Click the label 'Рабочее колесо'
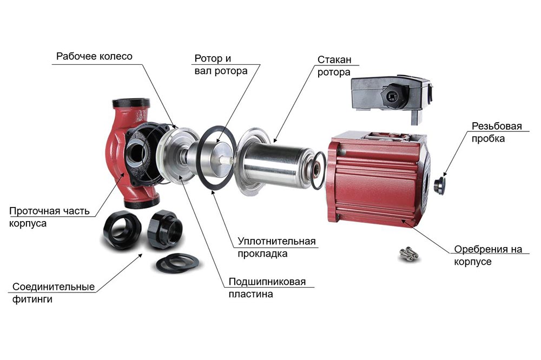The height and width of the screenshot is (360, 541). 94,56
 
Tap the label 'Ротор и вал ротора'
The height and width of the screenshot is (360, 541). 221,64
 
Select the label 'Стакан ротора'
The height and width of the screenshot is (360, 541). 334,66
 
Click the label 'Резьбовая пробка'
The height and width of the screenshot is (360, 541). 497,132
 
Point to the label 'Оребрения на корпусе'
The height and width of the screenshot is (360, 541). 488,255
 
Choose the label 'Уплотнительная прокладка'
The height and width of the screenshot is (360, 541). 276,247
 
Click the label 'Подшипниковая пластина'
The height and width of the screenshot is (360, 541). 267,288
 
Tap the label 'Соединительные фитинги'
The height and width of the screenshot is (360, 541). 53,293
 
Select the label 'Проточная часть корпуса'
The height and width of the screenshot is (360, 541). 49,217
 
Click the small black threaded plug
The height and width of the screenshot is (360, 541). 440,185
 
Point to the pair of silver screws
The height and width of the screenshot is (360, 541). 409,254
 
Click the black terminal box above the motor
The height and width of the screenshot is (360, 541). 391,98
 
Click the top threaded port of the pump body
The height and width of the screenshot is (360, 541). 131,103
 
